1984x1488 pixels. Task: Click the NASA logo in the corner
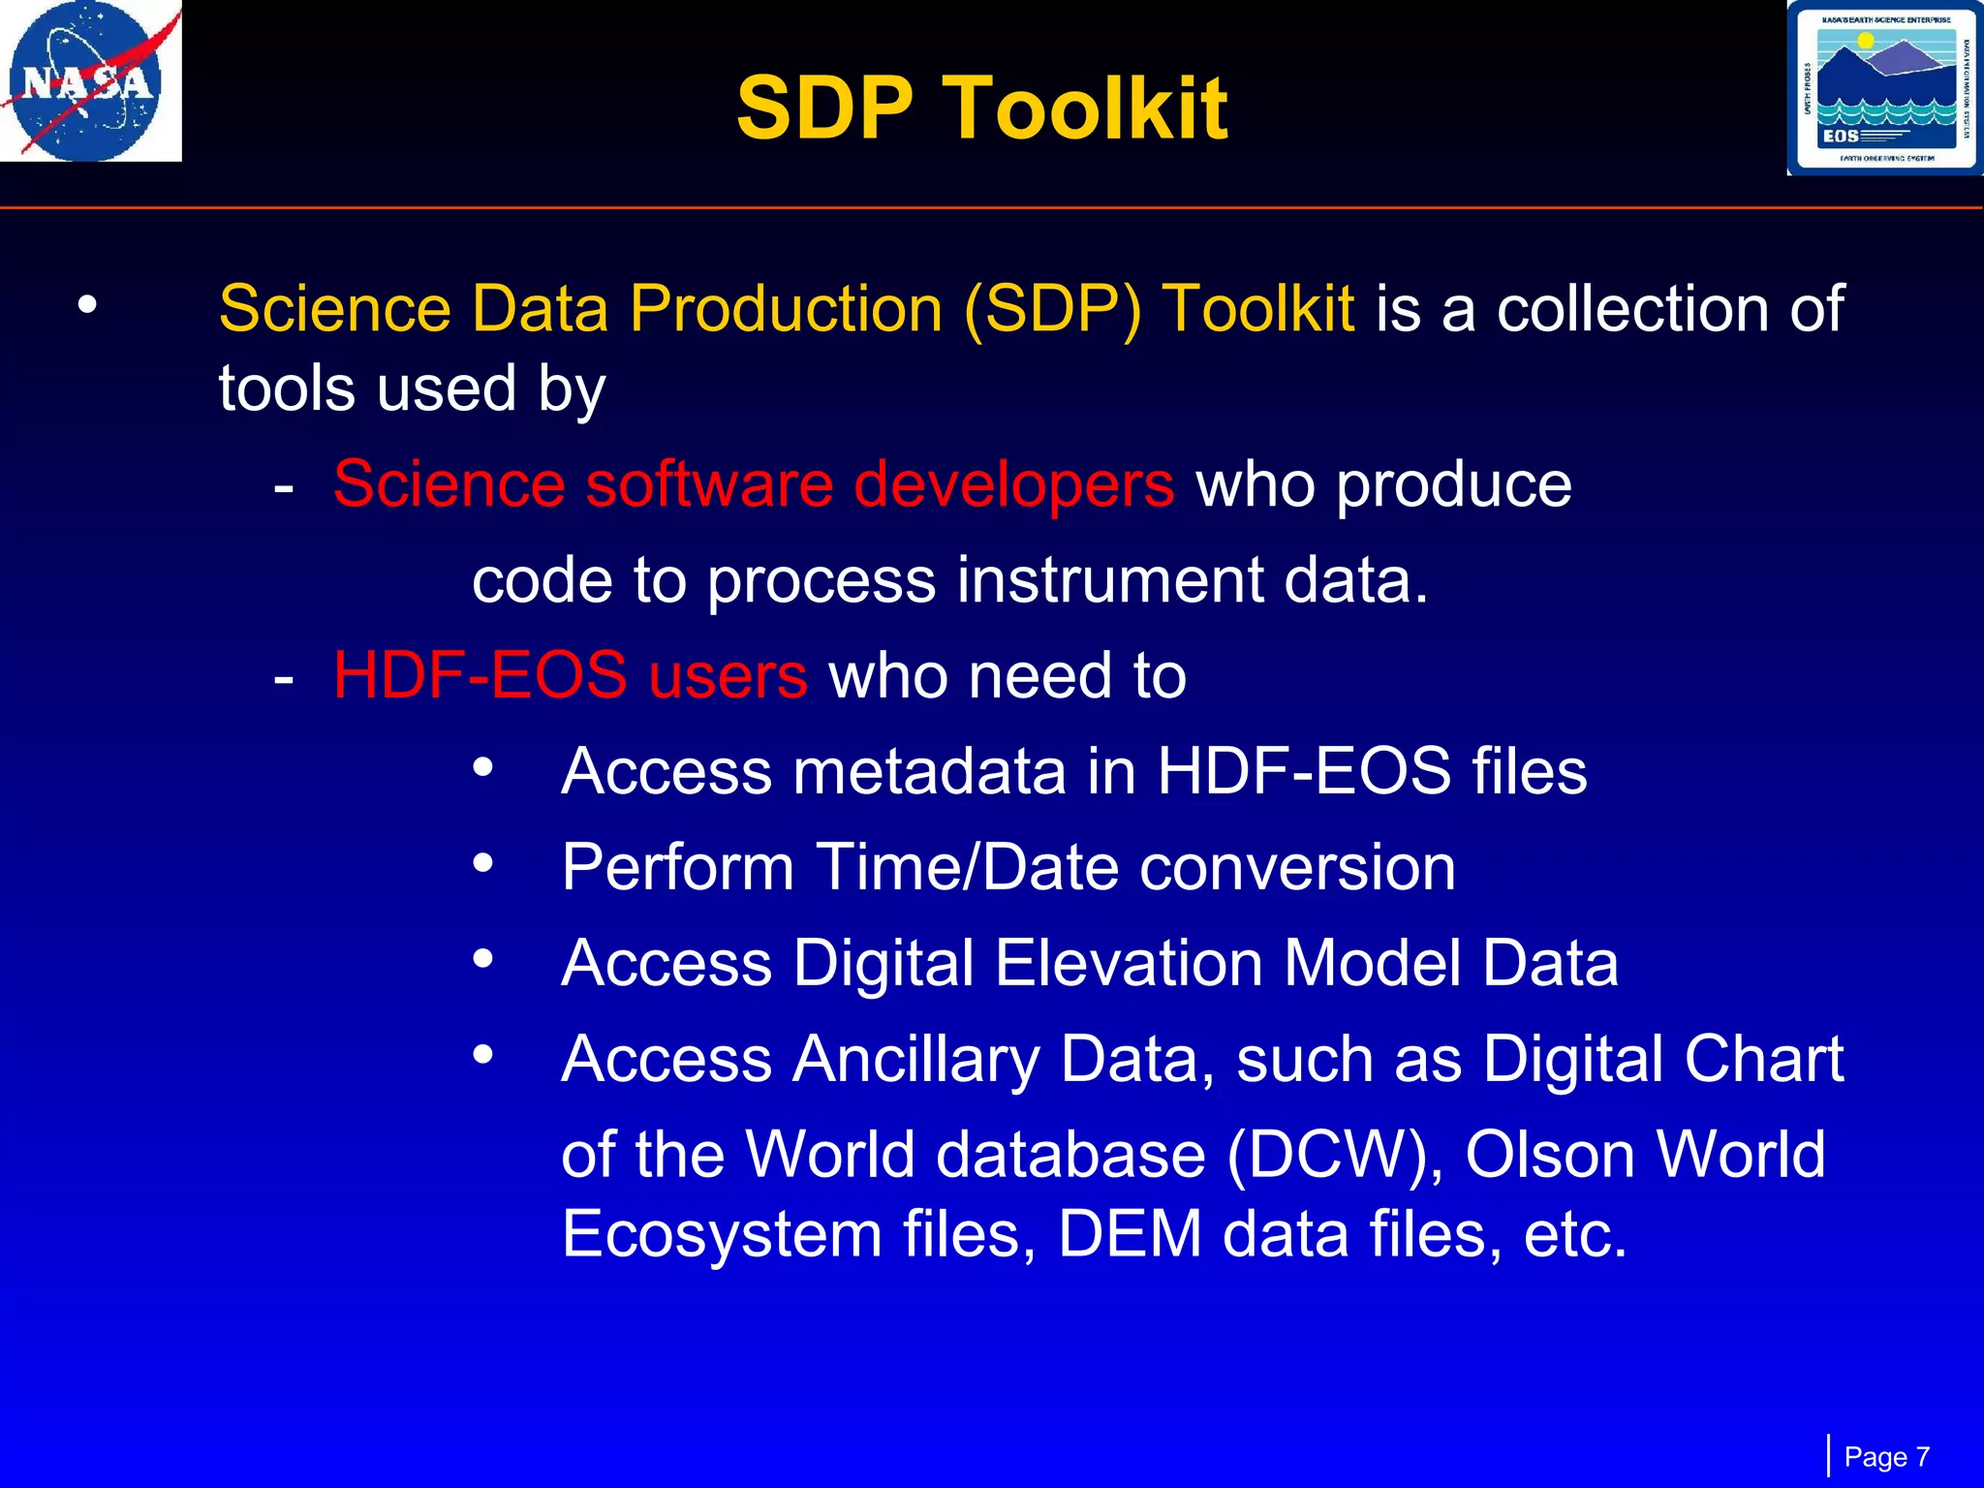coord(90,80)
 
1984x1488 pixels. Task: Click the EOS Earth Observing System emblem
coord(1884,88)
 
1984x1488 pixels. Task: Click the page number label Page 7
coord(1886,1457)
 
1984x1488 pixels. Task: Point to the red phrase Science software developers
coord(753,484)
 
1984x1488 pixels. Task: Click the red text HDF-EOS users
coord(570,675)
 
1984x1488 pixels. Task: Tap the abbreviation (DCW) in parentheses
coord(1335,1155)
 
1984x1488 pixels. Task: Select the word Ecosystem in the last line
coord(722,1234)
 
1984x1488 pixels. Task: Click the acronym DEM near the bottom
coord(1131,1234)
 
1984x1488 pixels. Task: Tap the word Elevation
coord(1129,964)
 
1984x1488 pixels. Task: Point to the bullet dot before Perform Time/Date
coord(482,861)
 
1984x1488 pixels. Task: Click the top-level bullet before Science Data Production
coord(88,305)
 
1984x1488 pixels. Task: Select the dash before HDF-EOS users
coord(283,677)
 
